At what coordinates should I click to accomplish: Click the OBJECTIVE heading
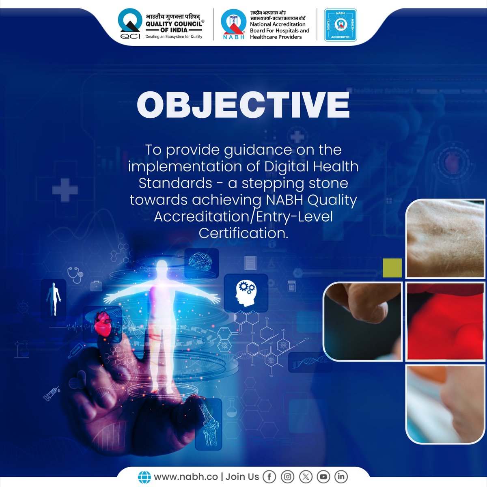pos(243,105)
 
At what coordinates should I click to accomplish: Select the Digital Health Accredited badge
pos(340,25)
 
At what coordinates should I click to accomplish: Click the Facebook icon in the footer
pos(269,476)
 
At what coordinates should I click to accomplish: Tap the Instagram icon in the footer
pos(287,476)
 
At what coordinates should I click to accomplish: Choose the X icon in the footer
pos(305,476)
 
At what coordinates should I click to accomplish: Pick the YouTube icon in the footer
pos(323,476)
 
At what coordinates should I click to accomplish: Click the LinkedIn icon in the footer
pos(341,476)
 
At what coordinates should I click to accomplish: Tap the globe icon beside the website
pos(144,476)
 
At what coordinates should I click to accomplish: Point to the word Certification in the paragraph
pos(243,233)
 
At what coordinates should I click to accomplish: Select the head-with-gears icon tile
pos(246,291)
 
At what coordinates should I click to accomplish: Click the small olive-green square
pos(392,268)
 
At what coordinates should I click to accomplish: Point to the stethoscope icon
pos(75,274)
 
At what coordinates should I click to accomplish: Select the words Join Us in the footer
pos(242,476)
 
